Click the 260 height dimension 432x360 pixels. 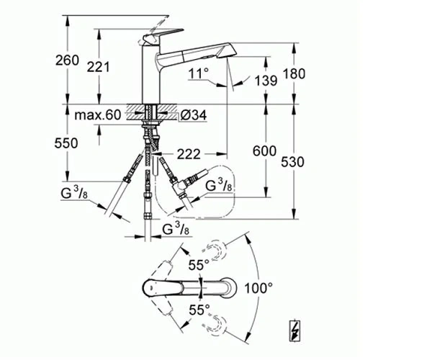tap(67, 60)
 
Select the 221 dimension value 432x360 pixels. tap(98, 67)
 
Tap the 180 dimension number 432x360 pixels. tap(294, 74)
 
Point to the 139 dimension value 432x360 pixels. tap(266, 81)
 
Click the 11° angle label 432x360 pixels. tap(199, 73)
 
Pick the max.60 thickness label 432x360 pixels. tap(98, 114)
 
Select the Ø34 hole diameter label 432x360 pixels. tap(194, 115)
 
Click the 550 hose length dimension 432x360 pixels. tap(66, 143)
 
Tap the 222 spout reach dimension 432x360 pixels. tap(189, 154)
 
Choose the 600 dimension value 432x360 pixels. tap(264, 151)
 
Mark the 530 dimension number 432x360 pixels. tap(292, 162)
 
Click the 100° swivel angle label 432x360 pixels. tap(258, 288)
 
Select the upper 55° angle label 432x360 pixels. tap(199, 265)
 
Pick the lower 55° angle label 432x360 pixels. tap(199, 310)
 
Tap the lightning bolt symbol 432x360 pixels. tap(294, 331)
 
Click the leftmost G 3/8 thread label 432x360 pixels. tap(74, 193)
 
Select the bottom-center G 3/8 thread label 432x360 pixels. tap(176, 228)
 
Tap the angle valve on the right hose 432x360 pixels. tap(181, 186)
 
